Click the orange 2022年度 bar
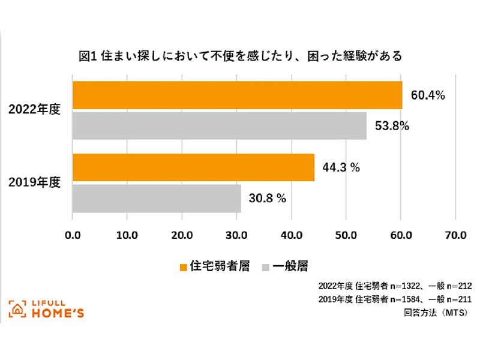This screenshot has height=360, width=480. coord(237,95)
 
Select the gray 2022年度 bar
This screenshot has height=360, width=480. coord(219,126)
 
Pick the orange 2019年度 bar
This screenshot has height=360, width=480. coord(193,167)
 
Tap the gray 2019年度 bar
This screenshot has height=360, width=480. coord(156,199)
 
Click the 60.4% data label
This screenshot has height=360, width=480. coord(428,95)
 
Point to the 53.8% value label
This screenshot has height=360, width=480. coord(392,126)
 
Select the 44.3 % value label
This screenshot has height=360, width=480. coord(341,168)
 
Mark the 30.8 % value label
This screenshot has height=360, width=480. coord(268,199)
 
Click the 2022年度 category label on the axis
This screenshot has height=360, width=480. coord(35,110)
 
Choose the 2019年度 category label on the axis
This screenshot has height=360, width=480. coord(35,182)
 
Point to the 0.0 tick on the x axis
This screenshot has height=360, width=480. coord(73,234)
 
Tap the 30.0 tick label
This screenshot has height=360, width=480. coord(236,234)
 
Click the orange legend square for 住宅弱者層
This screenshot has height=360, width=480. coord(184,265)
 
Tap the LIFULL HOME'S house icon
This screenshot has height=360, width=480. coord(17,308)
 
